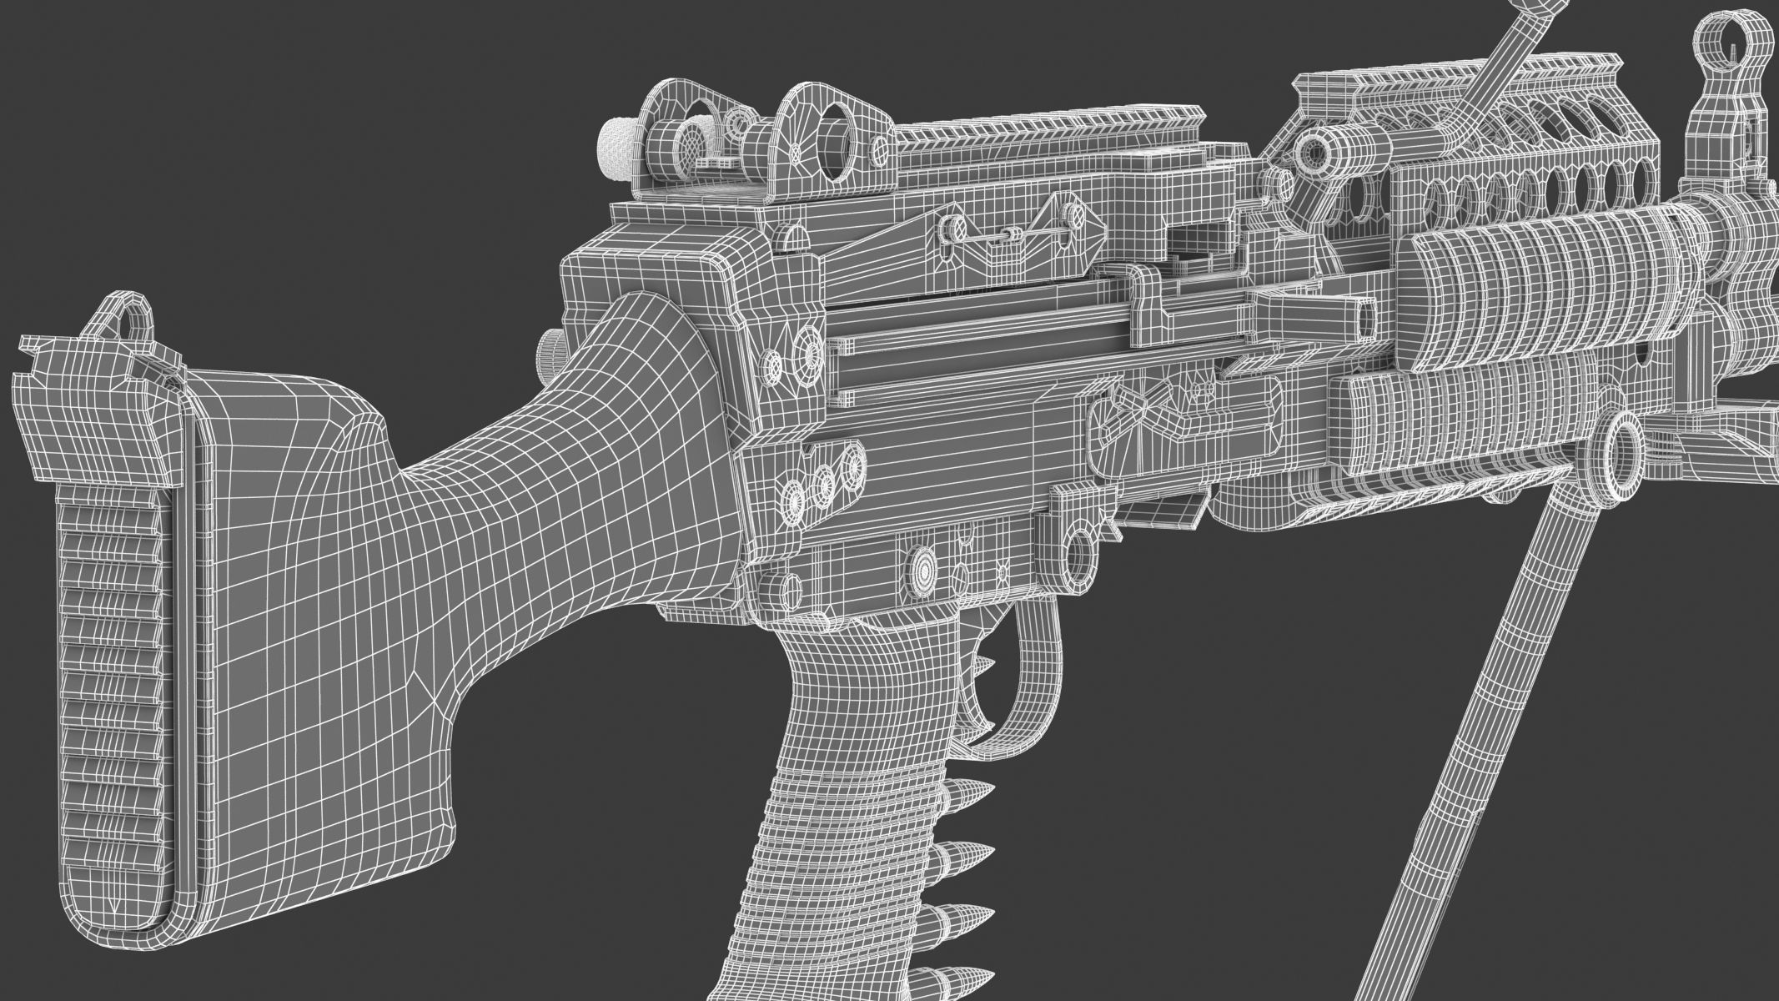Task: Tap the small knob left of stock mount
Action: coord(550,343)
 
